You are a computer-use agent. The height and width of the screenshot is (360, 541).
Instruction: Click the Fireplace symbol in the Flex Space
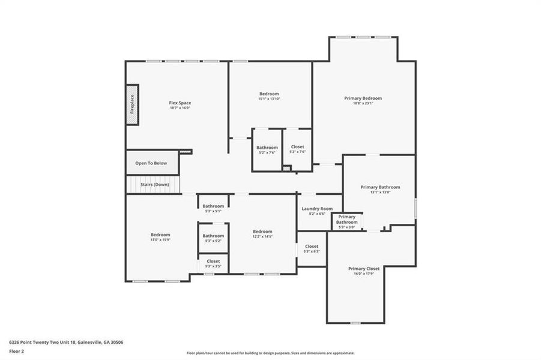pos(132,105)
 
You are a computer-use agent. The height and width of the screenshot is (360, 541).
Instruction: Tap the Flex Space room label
pos(180,103)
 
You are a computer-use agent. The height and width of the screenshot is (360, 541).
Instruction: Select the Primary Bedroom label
pos(363,98)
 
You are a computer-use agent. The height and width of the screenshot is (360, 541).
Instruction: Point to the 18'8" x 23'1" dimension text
pos(363,103)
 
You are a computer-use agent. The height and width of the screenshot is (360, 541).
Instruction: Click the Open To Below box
pos(151,163)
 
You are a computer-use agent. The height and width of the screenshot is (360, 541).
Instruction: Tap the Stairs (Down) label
pos(155,184)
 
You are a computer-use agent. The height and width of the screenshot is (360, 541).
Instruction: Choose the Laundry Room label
pos(317,209)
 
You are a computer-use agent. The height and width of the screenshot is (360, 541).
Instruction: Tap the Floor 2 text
pos(17,352)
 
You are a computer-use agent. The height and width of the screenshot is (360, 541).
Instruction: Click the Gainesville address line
pos(66,342)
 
